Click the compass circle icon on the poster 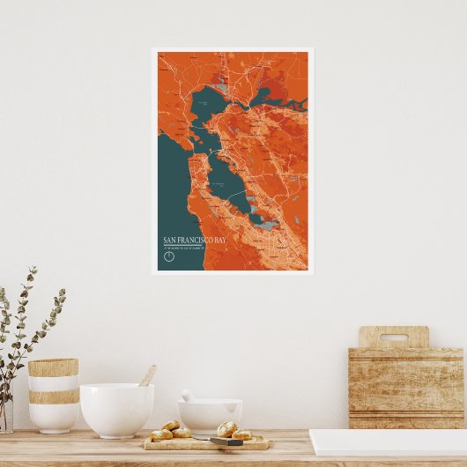[x=169, y=256]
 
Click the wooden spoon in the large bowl [x=147, y=376]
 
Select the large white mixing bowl [x=116, y=410]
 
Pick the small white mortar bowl [x=210, y=415]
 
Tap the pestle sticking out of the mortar [x=187, y=396]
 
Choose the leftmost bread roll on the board [x=160, y=434]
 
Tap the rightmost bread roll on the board [x=241, y=434]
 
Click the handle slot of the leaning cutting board [x=394, y=336]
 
